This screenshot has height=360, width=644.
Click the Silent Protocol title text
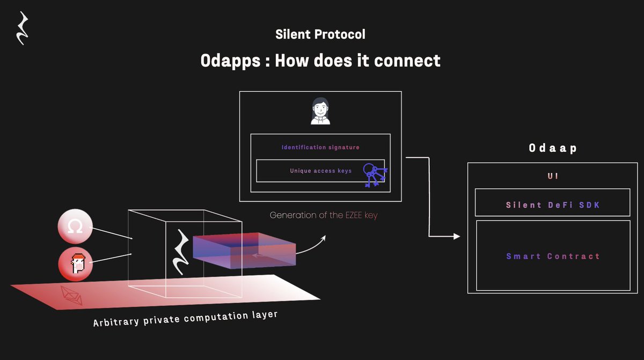tap(320, 34)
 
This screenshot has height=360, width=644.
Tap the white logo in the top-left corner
tap(22, 28)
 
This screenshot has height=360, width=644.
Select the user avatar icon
tap(320, 111)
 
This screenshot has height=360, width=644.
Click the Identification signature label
tap(320, 147)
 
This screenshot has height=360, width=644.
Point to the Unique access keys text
tap(320, 171)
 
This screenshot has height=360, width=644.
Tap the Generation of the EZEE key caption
tap(327, 215)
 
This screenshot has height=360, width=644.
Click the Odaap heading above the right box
tap(553, 148)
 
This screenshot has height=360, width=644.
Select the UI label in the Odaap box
tap(553, 176)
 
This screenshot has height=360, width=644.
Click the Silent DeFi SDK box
tap(553, 205)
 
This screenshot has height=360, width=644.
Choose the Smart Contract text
tap(553, 256)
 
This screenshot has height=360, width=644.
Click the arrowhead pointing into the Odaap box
tap(456, 236)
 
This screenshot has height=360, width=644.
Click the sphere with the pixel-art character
tap(75, 263)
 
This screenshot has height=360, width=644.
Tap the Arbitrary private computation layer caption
tap(185, 318)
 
